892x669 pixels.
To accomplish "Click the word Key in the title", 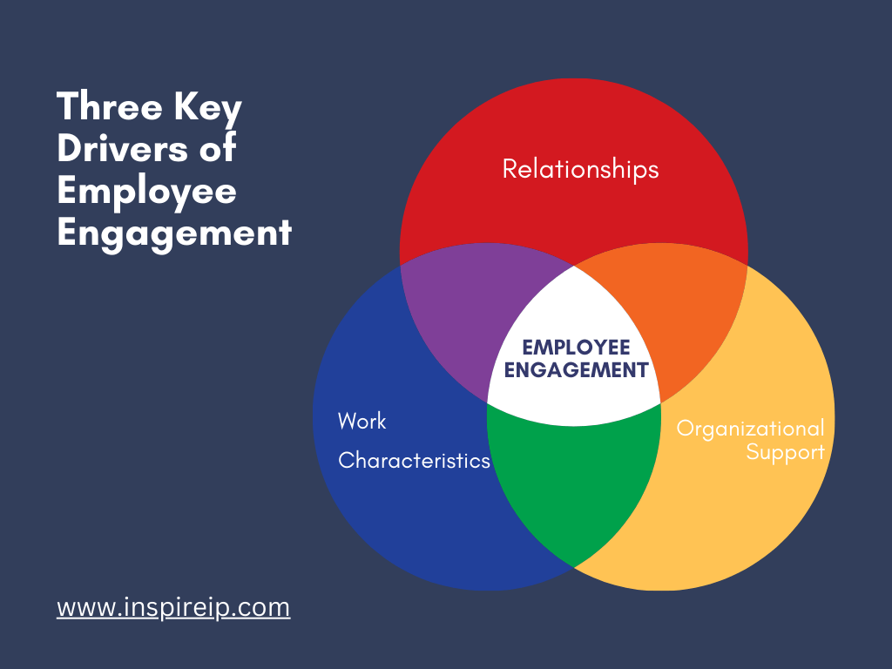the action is tap(207, 109).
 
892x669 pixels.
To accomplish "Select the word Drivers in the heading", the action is tap(122, 148).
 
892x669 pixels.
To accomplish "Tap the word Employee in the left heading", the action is tap(146, 193).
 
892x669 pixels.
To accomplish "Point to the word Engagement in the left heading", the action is tap(174, 234).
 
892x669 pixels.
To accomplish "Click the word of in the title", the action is tap(218, 147).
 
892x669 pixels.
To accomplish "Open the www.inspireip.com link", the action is tap(173, 607).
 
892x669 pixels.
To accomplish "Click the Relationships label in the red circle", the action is tap(580, 169).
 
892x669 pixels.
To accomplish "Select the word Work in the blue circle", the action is tap(362, 421).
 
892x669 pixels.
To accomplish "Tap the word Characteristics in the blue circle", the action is tap(414, 460).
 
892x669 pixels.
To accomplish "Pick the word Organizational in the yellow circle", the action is tap(750, 429).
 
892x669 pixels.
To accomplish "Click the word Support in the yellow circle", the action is tap(785, 453).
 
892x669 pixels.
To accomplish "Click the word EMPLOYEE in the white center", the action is tap(576, 347).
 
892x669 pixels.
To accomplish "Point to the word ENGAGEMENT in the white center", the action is tap(576, 369).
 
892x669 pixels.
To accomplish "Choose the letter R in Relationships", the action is tap(510, 169).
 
